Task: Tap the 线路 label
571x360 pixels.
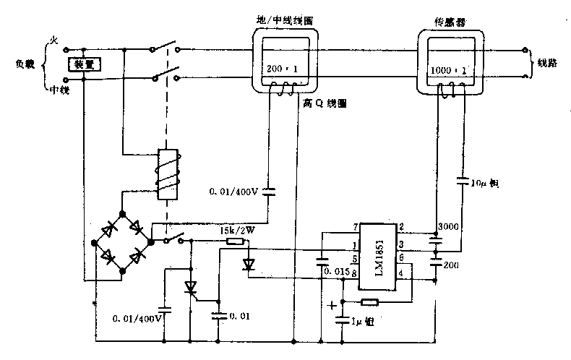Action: pyautogui.click(x=548, y=63)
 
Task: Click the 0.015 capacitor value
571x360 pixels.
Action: pyautogui.click(x=338, y=272)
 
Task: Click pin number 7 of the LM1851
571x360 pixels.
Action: pyautogui.click(x=356, y=228)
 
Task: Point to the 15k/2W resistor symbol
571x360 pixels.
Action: pyautogui.click(x=235, y=241)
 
